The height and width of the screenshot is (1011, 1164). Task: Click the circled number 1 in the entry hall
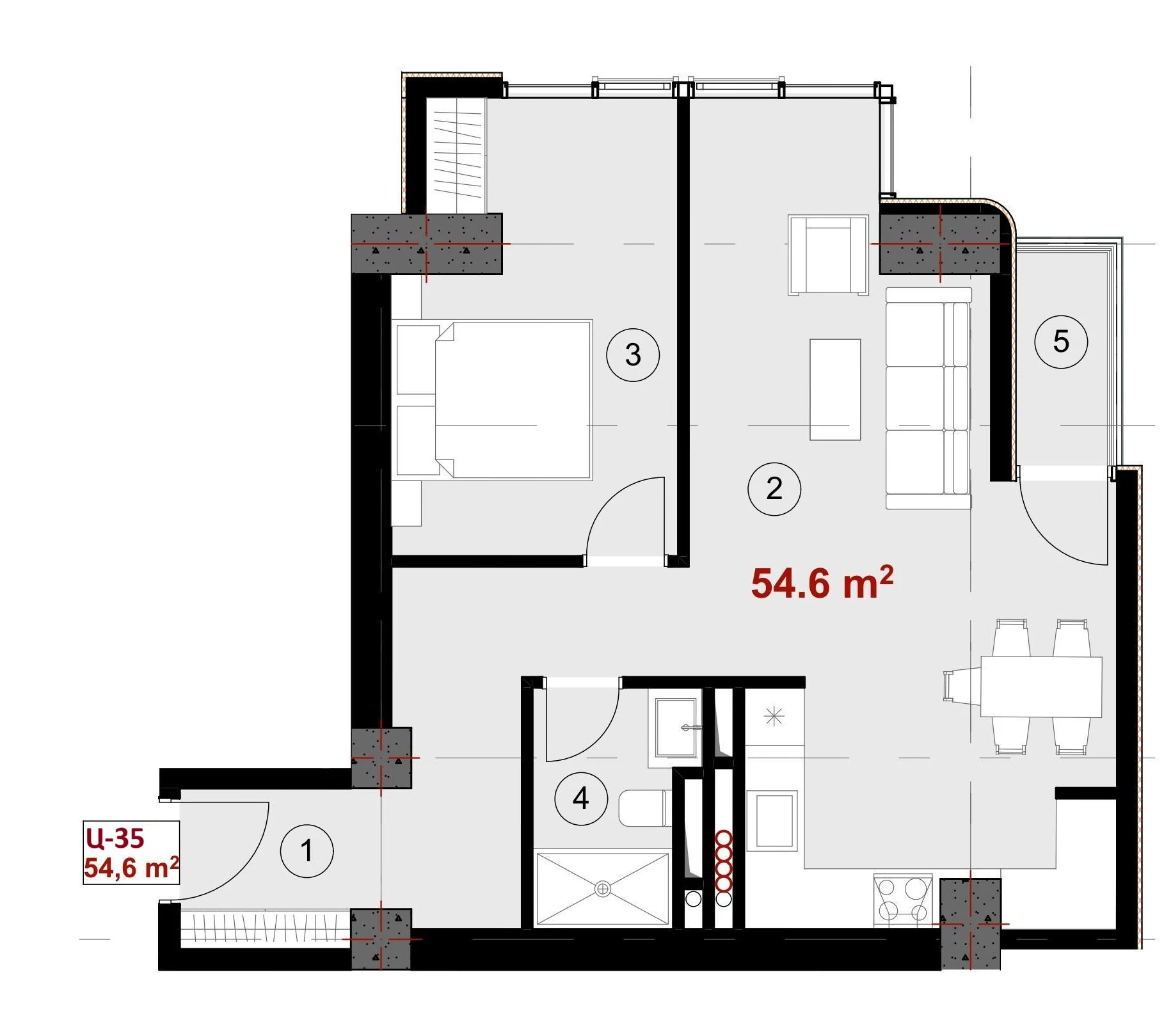[x=307, y=851]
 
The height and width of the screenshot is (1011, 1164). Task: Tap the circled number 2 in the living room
[x=774, y=489]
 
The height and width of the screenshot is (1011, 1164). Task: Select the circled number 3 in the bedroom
[x=633, y=354]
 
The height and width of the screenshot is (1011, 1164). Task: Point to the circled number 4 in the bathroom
[x=581, y=798]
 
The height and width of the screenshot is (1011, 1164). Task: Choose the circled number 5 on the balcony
[x=1061, y=342]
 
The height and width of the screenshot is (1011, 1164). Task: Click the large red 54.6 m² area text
[x=822, y=582]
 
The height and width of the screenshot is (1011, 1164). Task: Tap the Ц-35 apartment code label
[x=115, y=838]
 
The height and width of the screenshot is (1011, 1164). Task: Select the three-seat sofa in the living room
[x=929, y=398]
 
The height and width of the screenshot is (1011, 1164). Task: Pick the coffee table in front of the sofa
[x=835, y=390]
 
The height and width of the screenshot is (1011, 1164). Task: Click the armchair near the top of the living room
[x=828, y=255]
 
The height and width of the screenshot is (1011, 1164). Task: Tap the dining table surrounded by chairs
[x=1041, y=687]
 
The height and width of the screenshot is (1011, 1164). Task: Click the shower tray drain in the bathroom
[x=603, y=889]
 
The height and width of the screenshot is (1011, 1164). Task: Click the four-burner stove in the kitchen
[x=902, y=899]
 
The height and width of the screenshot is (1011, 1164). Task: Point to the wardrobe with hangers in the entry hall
[x=265, y=928]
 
